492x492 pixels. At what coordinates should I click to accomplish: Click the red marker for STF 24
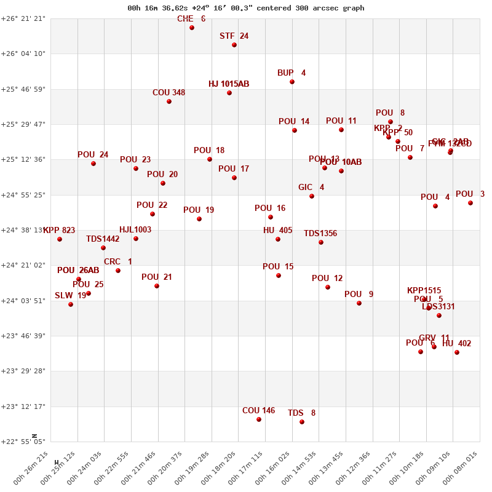(234, 45)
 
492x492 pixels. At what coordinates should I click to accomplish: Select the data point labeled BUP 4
(292, 82)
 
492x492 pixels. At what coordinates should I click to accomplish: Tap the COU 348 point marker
(169, 101)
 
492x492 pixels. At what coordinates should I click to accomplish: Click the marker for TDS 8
(302, 422)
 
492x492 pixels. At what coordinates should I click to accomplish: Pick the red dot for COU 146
(259, 419)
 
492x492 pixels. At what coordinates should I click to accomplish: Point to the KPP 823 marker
(60, 239)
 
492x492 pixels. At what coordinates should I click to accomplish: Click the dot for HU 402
(457, 352)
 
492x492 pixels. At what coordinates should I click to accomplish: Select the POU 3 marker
(470, 203)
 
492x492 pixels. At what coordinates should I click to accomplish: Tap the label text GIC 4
(311, 188)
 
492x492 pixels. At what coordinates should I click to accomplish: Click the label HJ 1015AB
(229, 84)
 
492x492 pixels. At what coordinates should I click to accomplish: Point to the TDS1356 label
(320, 234)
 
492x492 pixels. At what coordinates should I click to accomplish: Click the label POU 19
(199, 210)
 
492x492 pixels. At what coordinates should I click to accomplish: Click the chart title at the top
(246, 8)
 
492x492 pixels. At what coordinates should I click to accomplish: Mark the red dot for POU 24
(93, 164)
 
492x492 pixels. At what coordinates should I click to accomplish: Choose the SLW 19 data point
(71, 304)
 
